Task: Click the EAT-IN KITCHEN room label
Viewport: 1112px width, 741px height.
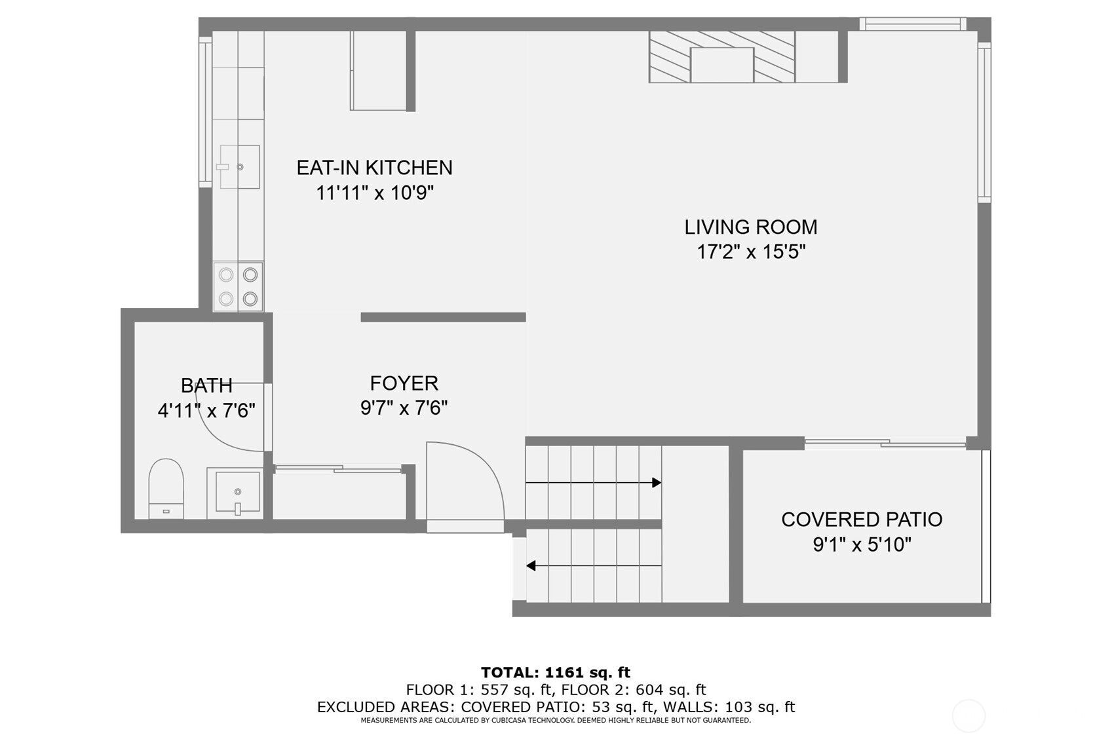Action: [x=374, y=168]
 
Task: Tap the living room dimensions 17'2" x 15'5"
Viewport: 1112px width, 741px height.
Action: [x=751, y=252]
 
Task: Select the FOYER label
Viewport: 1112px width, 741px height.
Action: [x=404, y=383]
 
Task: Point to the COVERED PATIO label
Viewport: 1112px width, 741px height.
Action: [x=862, y=520]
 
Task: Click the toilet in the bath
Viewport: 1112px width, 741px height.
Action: [x=166, y=489]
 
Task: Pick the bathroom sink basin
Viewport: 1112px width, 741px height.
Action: [x=237, y=492]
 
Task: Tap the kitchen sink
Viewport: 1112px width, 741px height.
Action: [x=239, y=167]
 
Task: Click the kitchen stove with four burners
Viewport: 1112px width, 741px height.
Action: [x=239, y=287]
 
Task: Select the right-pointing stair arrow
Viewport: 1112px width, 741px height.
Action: [x=593, y=482]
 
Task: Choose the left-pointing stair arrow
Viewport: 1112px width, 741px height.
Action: [x=594, y=565]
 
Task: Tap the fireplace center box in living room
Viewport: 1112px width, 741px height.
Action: [x=722, y=65]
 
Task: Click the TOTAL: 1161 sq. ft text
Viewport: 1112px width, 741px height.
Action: [x=556, y=672]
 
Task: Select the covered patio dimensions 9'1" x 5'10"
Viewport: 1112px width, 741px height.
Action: [x=862, y=545]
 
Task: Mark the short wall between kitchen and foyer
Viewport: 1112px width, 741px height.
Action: [x=444, y=317]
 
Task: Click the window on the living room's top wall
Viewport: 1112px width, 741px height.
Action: [x=913, y=24]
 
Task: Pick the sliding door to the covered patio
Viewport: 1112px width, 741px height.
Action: [x=885, y=442]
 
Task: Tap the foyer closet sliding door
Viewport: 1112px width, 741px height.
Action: [x=338, y=468]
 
